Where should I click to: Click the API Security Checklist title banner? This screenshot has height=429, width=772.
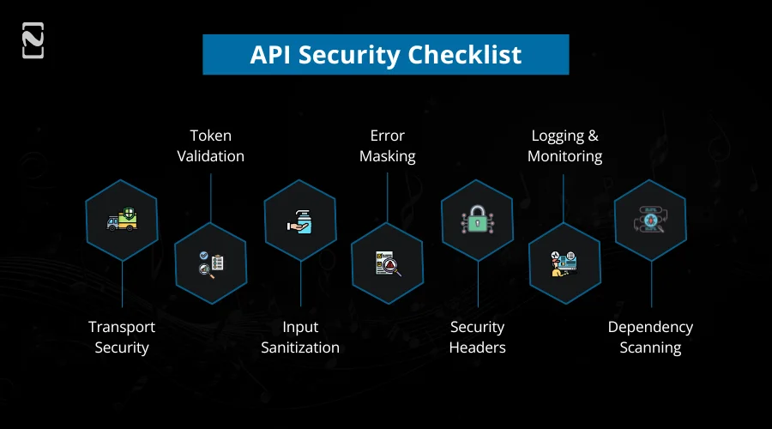(385, 55)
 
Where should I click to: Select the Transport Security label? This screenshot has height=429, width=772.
(122, 337)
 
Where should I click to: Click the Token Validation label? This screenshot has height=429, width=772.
(210, 146)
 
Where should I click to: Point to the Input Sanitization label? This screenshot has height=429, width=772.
(300, 337)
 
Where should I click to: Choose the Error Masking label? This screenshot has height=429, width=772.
(388, 146)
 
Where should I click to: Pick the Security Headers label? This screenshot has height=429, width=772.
(478, 337)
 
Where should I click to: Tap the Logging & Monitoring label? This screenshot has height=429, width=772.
(564, 146)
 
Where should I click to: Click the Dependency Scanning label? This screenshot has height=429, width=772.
(650, 337)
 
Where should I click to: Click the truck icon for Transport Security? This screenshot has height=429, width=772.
(122, 221)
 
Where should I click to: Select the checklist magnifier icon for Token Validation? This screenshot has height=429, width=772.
(211, 263)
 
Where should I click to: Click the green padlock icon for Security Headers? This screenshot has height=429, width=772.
(477, 221)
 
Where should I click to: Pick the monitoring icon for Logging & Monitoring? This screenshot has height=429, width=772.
(565, 263)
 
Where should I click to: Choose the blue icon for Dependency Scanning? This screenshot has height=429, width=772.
(650, 221)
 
